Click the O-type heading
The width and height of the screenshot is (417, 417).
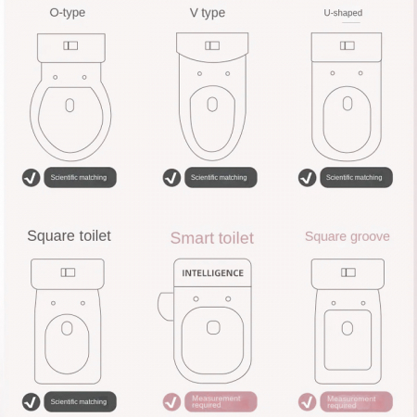[68, 13]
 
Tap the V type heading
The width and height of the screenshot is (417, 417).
[208, 13]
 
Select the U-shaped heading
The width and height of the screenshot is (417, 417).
[343, 13]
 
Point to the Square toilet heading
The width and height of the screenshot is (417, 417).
[69, 236]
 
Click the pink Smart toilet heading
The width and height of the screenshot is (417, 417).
[212, 238]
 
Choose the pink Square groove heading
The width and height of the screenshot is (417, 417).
[347, 236]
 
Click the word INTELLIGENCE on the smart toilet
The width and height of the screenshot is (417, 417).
[212, 273]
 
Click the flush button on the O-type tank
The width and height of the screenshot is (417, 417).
[70, 45]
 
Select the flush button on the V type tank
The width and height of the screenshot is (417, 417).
[212, 45]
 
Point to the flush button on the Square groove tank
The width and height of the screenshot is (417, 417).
[348, 272]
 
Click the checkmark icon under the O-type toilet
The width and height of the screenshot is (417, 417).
[32, 178]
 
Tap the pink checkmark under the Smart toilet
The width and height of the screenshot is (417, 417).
[171, 402]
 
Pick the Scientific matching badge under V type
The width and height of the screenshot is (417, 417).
[221, 177]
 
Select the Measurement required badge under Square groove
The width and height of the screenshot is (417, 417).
[356, 401]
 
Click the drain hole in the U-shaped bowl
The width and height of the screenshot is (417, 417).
[347, 104]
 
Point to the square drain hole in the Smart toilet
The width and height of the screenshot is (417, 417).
[213, 327]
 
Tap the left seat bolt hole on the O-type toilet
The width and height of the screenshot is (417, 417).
[56, 77]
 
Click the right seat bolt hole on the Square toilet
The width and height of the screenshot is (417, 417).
[82, 303]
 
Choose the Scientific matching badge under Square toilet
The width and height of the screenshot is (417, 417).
[80, 401]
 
